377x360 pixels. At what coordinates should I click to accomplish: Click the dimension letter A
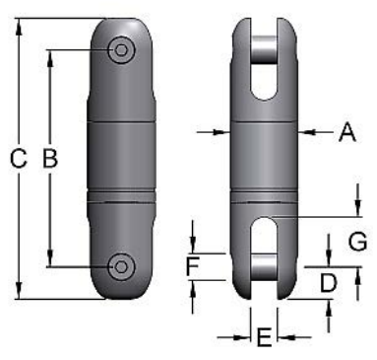tap(346, 131)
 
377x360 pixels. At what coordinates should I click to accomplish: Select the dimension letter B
tap(51, 158)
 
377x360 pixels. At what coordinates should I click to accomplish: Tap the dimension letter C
tap(18, 158)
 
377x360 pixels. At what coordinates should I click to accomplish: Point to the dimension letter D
tap(329, 283)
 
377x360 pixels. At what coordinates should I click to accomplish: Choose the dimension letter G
tap(357, 240)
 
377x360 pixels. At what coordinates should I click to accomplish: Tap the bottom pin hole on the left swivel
tap(123, 264)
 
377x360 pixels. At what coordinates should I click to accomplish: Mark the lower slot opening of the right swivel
tap(263, 235)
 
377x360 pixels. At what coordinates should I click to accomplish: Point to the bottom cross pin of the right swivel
tap(263, 266)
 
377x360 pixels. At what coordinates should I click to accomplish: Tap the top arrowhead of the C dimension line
tap(18, 24)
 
